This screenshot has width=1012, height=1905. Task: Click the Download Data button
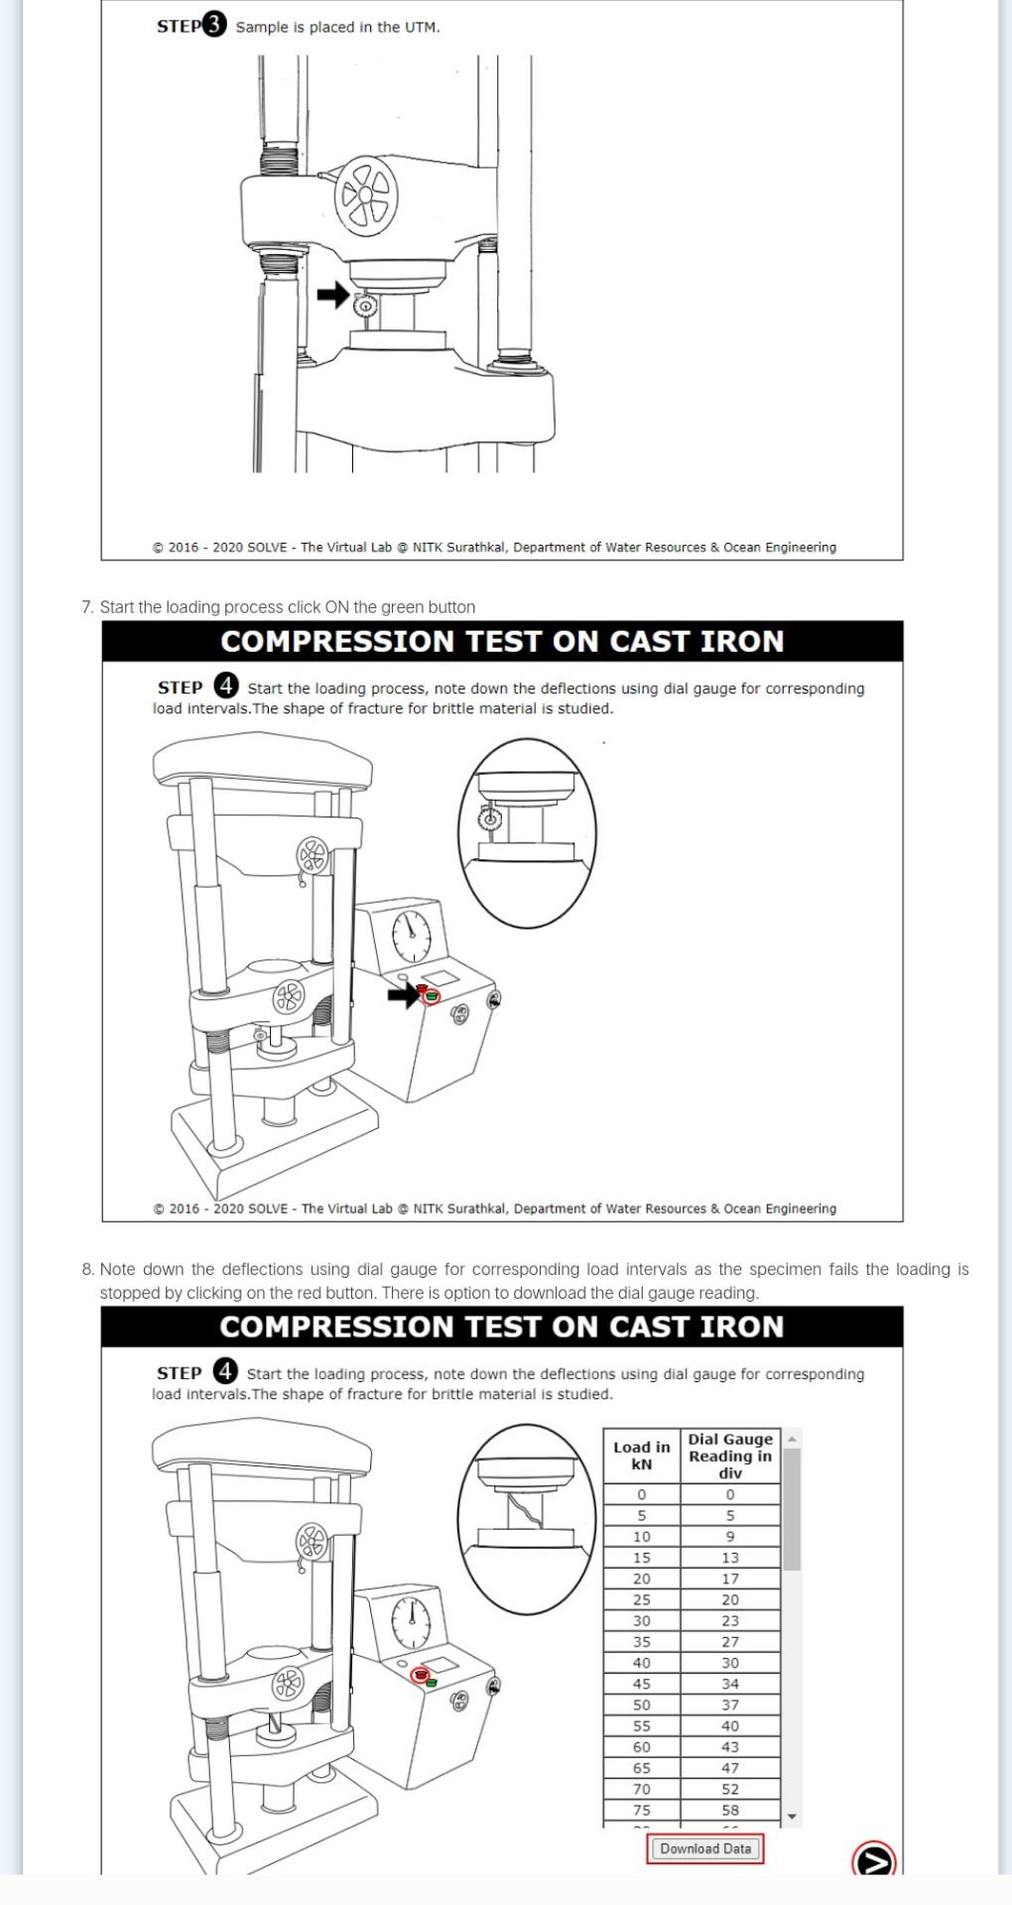[704, 1848]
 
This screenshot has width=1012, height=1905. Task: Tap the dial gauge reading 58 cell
[730, 1810]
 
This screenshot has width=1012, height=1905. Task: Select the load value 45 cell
[642, 1684]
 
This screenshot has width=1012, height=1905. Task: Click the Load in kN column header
[642, 1456]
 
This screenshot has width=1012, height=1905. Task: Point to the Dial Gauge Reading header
[730, 1456]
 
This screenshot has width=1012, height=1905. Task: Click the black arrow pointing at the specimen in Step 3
[332, 295]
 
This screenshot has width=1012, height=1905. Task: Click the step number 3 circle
[214, 26]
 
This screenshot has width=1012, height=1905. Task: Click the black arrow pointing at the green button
[402, 994]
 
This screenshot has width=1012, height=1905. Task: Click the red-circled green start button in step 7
[431, 994]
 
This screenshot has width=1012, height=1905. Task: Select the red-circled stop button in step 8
[421, 1675]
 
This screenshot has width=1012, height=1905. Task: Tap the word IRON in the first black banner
[742, 641]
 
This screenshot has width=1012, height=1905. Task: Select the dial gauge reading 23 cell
[730, 1621]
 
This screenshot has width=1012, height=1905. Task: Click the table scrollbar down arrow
[792, 1817]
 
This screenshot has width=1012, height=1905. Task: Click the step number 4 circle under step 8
[225, 1371]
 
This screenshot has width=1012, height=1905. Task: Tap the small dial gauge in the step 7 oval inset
[490, 820]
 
